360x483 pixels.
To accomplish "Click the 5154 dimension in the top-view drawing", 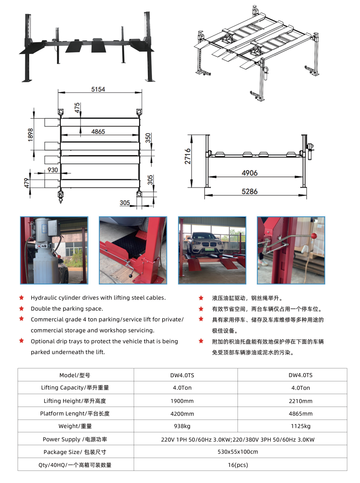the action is click(98, 89).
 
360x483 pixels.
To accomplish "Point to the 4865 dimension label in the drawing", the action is click(98, 131).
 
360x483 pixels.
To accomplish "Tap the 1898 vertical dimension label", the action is click(30, 135).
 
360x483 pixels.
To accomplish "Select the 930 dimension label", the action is click(52, 170).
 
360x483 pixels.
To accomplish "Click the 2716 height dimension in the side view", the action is click(188, 156).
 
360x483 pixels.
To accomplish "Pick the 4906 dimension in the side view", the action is click(250, 173).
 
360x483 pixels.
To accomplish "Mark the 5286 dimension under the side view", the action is click(250, 191).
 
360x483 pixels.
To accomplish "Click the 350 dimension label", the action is click(148, 138).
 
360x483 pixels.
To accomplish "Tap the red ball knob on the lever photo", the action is click(314, 236).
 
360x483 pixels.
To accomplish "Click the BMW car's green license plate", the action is click(209, 249).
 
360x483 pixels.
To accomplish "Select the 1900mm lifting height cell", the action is click(182, 401).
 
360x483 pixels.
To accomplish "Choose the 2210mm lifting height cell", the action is click(301, 401).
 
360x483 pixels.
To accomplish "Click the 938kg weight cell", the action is click(182, 426).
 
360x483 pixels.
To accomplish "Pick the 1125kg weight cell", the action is click(301, 426).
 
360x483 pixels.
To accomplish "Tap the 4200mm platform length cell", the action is click(182, 414).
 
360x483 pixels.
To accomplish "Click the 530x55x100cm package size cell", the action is click(238, 452).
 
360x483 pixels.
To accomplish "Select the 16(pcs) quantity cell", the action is click(238, 465).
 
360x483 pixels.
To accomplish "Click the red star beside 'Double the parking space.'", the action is click(22, 308).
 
